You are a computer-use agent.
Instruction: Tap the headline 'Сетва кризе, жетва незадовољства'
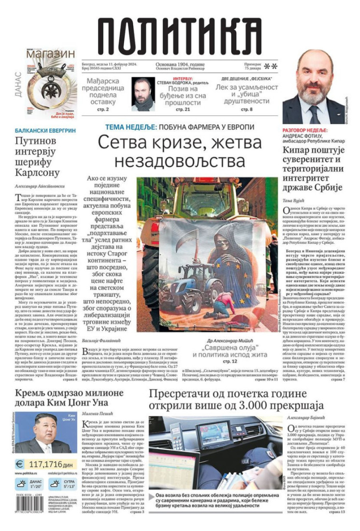pyautogui.click(x=180, y=151)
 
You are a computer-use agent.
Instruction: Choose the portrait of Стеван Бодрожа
pyautogui.click(x=143, y=94)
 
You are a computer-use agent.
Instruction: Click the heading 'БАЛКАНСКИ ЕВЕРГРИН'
pyautogui.click(x=45, y=130)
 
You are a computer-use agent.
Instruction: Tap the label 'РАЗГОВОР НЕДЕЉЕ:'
pyautogui.click(x=305, y=130)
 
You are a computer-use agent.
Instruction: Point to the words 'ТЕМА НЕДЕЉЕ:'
pyautogui.click(x=131, y=127)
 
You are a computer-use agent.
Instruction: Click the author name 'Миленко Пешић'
pyautogui.click(x=98, y=414)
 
